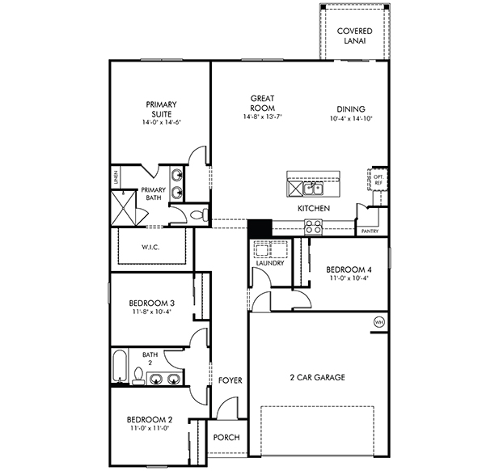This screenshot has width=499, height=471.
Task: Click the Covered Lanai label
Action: [354, 36]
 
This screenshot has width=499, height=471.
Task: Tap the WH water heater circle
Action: [378, 322]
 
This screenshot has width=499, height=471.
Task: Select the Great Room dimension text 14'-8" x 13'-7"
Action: [263, 117]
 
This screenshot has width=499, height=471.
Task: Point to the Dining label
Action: [351, 109]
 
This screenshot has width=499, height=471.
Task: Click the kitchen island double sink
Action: [313, 189]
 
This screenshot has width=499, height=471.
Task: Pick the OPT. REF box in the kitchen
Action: [378, 180]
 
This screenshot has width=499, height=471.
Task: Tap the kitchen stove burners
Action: [313, 227]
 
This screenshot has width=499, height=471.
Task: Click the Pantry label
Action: [370, 231]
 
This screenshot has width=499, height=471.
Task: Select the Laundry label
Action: [270, 263]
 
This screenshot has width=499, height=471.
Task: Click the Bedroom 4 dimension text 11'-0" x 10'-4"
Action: [349, 278]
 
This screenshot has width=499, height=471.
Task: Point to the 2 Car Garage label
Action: [317, 377]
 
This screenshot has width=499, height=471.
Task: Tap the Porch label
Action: [226, 437]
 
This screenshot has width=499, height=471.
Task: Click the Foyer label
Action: [230, 380]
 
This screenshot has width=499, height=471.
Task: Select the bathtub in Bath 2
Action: [120, 367]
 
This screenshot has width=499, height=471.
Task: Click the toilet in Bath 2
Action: [138, 376]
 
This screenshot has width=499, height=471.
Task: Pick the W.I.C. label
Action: [150, 247]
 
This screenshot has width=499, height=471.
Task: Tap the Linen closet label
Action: [116, 177]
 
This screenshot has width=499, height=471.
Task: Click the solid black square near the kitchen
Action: [260, 228]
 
